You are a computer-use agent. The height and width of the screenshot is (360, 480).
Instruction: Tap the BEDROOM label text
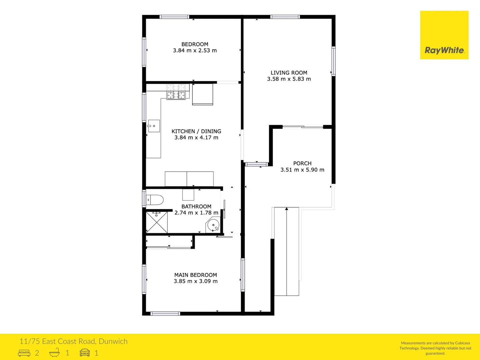[195, 44]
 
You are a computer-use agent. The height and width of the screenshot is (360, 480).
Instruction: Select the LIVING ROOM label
[289, 73]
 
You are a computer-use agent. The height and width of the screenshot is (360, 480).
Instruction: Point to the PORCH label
[302, 163]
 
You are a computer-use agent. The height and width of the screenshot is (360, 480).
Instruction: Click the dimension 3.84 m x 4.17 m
[196, 138]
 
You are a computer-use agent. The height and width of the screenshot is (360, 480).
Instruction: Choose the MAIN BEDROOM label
[196, 275]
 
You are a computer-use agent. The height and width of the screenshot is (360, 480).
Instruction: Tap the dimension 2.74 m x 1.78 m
[196, 213]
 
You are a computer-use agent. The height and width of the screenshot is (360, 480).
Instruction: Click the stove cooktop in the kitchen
[176, 92]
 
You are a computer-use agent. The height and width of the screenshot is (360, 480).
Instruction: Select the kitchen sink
[154, 126]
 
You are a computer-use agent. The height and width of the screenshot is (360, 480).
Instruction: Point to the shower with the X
[157, 222]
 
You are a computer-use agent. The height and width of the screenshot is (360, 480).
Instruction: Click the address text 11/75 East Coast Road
[73, 341]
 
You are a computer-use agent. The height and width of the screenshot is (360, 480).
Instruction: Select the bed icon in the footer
[24, 353]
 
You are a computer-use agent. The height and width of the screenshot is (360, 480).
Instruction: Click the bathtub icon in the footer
[55, 352]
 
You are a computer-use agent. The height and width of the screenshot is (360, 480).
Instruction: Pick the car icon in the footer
[85, 353]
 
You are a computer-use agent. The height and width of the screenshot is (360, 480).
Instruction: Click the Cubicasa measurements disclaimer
[435, 348]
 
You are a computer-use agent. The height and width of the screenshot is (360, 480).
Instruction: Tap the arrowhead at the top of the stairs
[287, 209]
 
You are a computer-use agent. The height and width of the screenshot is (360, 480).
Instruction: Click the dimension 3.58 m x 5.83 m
[289, 79]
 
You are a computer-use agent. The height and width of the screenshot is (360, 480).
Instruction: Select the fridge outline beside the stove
[203, 94]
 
